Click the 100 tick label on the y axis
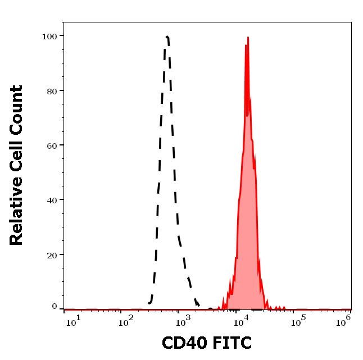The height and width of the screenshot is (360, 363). click(50, 37)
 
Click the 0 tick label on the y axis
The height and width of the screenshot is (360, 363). click(55, 307)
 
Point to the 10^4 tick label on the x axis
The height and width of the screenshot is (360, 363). click(242, 320)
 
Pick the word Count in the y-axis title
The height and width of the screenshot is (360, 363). click(17, 111)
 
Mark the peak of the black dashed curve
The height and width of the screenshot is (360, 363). click(167, 37)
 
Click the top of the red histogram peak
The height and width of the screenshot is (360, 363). click(247, 38)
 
